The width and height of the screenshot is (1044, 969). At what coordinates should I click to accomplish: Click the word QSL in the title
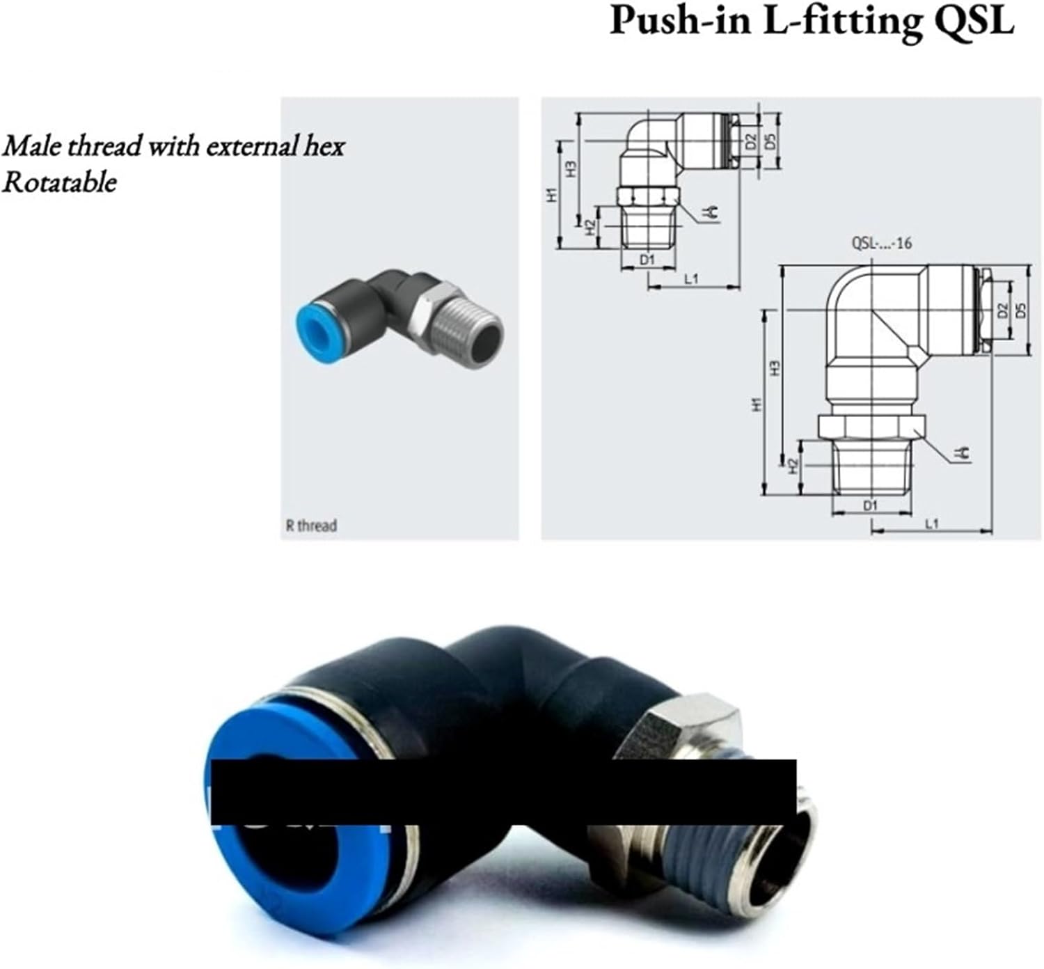click(x=974, y=21)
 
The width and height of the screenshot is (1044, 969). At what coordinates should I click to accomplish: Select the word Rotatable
click(x=59, y=182)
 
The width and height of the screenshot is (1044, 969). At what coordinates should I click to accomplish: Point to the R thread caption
click(x=310, y=525)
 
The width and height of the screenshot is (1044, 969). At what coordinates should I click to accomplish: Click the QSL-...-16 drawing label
click(x=881, y=243)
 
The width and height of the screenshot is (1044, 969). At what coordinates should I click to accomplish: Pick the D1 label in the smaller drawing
click(x=647, y=260)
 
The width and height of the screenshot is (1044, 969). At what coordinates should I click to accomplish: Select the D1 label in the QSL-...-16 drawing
click(x=870, y=505)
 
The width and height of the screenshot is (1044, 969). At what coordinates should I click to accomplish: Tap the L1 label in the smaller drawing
click(x=691, y=279)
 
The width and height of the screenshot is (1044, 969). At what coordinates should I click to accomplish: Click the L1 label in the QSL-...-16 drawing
click(x=932, y=523)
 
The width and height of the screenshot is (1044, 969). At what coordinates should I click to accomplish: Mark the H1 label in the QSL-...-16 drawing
click(x=757, y=403)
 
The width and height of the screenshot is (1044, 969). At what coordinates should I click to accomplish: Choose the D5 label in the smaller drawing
click(x=770, y=141)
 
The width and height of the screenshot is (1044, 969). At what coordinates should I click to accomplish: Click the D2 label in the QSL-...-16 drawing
click(x=1002, y=310)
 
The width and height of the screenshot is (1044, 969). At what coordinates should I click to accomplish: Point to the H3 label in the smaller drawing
click(x=570, y=169)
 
